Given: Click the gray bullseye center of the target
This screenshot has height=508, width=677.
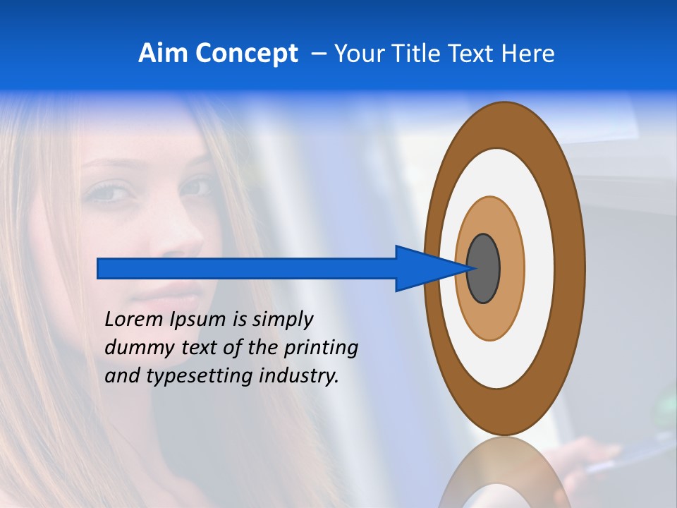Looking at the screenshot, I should pyautogui.click(x=483, y=268).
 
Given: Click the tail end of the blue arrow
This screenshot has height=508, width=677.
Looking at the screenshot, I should pyautogui.click(x=99, y=268).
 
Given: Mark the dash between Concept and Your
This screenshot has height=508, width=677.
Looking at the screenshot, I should pyautogui.click(x=318, y=54).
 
